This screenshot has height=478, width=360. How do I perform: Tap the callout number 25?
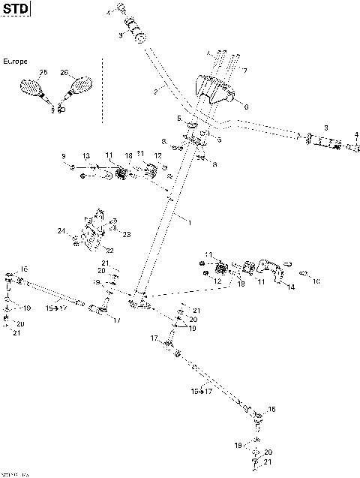(x=43, y=72)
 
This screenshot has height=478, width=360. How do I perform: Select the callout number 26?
(x=64, y=73)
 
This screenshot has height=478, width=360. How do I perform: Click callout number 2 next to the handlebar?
(x=154, y=92)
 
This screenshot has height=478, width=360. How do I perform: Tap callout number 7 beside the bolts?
(x=243, y=71)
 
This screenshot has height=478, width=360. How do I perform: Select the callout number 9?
(x=64, y=156)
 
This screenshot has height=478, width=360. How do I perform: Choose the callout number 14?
(x=290, y=287)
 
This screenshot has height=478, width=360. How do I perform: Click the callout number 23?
(x=126, y=234)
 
